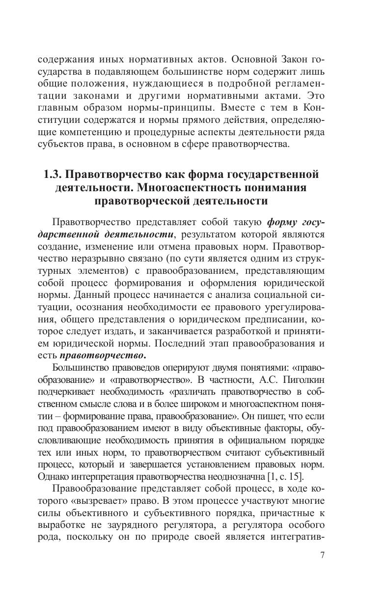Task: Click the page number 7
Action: (322, 556)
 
